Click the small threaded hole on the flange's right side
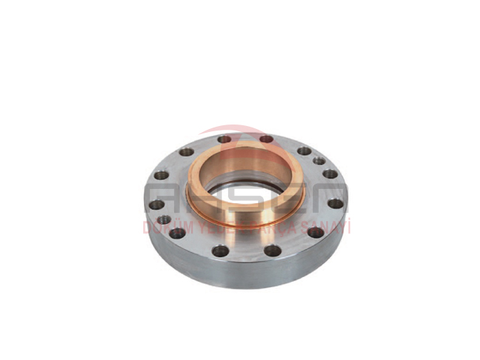(319, 160)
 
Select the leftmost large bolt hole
(156, 204)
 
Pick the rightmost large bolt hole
(334, 203)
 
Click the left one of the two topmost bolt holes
(224, 139)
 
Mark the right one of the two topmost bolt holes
(266, 139)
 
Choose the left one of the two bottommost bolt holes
(220, 250)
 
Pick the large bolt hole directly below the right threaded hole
(330, 174)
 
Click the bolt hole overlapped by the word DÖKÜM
(178, 232)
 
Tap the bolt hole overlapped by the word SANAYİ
(316, 232)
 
